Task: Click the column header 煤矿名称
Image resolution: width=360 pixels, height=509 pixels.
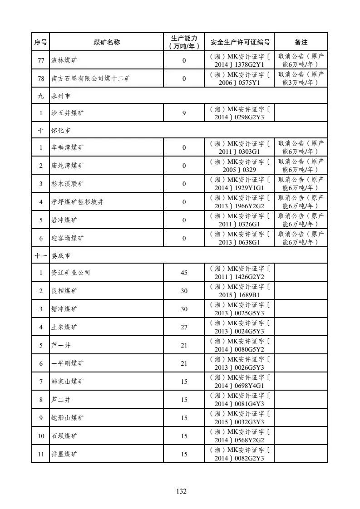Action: tap(106, 42)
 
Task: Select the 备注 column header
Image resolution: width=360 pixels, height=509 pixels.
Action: tap(301, 42)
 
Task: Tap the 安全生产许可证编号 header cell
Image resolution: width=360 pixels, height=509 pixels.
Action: tap(240, 42)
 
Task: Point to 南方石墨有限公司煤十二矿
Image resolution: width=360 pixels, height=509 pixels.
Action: tap(90, 78)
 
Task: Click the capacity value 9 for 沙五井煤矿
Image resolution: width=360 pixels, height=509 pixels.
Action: tap(184, 113)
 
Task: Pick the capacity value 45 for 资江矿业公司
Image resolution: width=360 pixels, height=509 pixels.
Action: tap(184, 273)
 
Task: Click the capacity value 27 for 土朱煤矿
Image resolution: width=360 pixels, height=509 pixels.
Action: tap(184, 327)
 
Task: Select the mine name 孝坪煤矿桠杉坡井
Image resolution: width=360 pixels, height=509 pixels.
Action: tap(77, 202)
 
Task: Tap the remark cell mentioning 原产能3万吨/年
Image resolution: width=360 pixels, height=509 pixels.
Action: tap(301, 78)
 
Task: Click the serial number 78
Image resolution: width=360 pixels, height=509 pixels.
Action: tap(40, 78)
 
